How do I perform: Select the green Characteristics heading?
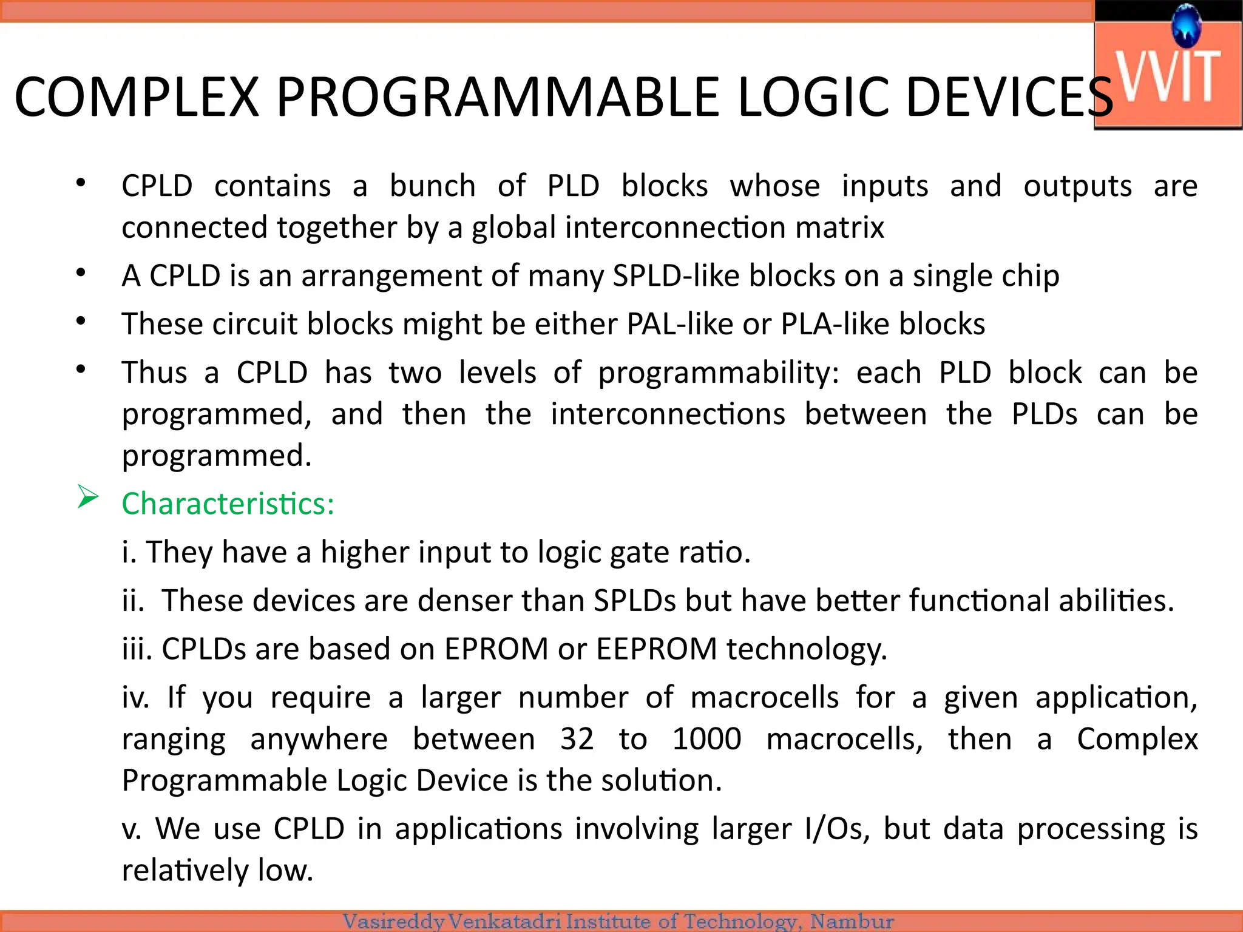coord(228,504)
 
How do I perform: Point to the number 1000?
coord(706,739)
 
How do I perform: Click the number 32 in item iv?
coord(577,739)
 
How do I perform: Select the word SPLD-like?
coord(676,275)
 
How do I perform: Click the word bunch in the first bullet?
coord(432,186)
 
